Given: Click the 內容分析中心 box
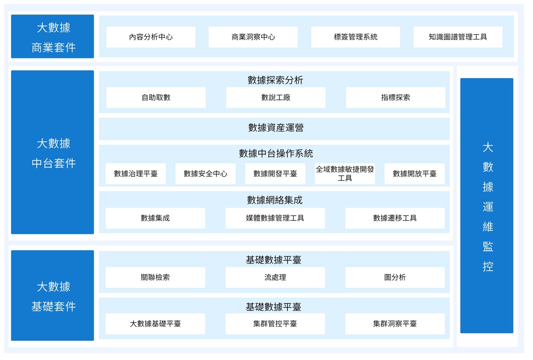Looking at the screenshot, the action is (151, 37).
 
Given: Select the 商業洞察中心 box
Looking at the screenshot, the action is (253, 37).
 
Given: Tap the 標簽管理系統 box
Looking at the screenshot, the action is (355, 37).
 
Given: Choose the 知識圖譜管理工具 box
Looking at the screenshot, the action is (458, 37).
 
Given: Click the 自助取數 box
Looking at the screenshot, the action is (156, 98).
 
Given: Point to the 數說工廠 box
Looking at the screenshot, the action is (276, 98).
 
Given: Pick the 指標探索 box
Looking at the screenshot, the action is (395, 98).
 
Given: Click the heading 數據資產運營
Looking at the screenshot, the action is (276, 128).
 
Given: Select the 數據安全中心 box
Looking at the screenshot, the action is (205, 174).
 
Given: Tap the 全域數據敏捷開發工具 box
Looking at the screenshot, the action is (345, 174).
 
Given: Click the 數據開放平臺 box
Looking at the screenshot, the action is (414, 174).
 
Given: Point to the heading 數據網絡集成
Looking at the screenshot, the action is (274, 200).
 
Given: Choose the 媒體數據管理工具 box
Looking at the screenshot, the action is (275, 218).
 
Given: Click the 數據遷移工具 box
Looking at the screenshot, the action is (395, 218).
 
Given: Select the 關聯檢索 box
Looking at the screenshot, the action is (155, 277).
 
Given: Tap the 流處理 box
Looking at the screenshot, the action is (275, 277).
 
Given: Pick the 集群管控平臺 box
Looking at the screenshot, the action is (275, 324).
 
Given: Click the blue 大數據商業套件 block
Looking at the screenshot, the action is (52, 36).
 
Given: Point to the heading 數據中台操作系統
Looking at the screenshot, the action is (276, 154).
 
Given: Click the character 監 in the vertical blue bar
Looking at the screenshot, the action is (488, 246).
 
